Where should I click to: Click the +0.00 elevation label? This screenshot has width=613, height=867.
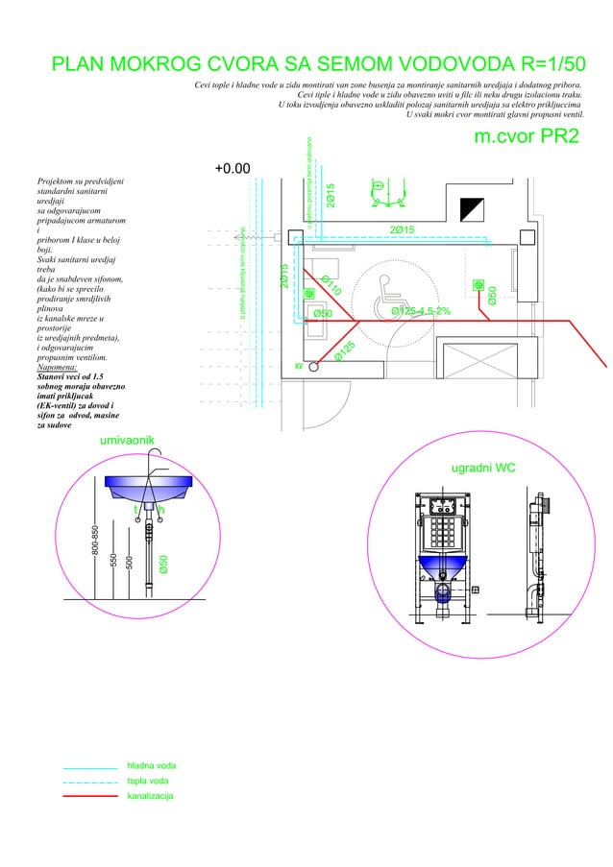click(x=232, y=169)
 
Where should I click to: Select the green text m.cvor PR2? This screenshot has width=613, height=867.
click(x=527, y=136)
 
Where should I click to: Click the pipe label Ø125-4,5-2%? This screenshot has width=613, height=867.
click(x=421, y=311)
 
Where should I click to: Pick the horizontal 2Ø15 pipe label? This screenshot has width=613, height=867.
click(x=401, y=229)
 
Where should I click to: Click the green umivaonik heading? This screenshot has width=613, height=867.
click(x=126, y=440)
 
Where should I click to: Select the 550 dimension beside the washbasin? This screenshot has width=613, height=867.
click(x=113, y=560)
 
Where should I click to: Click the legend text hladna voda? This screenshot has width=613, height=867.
click(x=151, y=766)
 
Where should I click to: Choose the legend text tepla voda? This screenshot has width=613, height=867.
click(x=149, y=782)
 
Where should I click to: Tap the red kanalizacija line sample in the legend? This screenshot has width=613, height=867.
click(x=88, y=798)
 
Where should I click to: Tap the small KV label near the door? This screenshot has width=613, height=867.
click(x=298, y=366)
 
